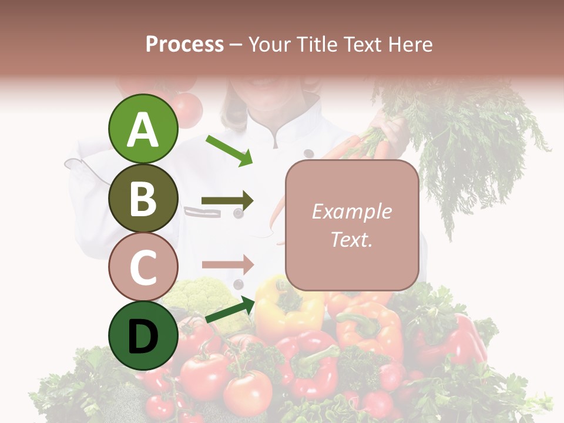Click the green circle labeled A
[143, 129]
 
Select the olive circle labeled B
[143, 198]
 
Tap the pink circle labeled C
[143, 267]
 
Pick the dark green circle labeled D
[143, 336]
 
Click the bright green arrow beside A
[230, 150]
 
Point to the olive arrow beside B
[227, 202]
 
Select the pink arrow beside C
[227, 264]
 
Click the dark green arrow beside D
[230, 310]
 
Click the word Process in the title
[184, 44]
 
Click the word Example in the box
[351, 211]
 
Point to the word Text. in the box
[351, 239]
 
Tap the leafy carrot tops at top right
[464, 141]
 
